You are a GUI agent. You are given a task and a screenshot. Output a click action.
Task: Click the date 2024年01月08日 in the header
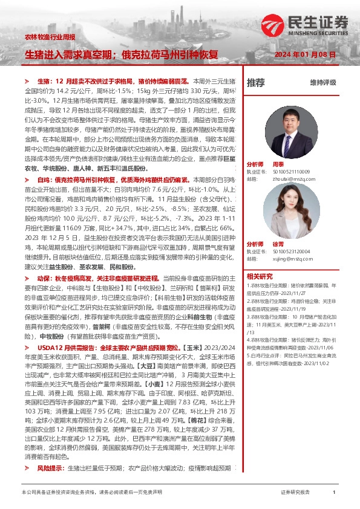pos(309,54)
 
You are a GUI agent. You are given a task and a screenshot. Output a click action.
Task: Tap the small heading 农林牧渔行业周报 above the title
pos(46,37)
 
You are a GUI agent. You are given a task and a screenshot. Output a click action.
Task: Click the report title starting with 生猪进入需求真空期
pos(121,54)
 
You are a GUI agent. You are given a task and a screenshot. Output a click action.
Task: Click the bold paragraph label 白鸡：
pos(46,180)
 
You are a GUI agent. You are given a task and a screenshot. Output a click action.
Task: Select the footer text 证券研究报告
pos(295,493)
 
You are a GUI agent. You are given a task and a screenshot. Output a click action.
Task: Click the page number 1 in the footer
pos(335,493)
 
